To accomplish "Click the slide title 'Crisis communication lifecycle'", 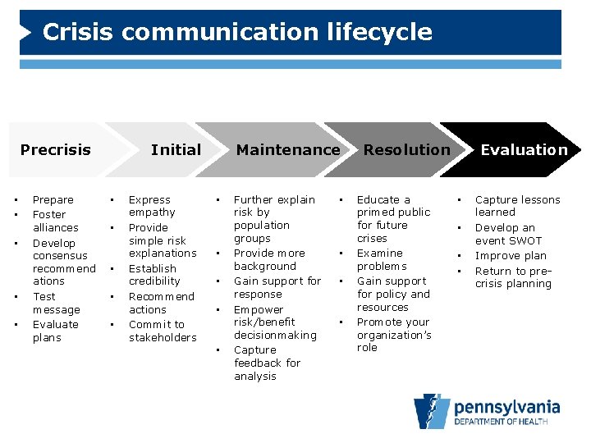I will coord(236,32).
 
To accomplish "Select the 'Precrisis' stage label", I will coord(55,149).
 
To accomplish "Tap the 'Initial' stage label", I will coord(176,149).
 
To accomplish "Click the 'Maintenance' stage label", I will coord(288,149).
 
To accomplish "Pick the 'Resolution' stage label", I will coord(406,149).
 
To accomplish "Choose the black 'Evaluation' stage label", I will coord(524,149).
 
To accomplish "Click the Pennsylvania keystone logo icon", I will coord(432,411).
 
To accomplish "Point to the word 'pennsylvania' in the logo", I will coord(506,406).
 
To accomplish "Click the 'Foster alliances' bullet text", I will coord(55,221).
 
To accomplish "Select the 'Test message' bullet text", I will coord(56,303).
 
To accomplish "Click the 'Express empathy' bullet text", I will coord(152,206).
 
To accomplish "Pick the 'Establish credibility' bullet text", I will coord(153,274).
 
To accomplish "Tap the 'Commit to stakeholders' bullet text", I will coord(162,331).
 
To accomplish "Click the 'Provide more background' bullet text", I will coord(268,259).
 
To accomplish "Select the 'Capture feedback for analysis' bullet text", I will coord(267,363).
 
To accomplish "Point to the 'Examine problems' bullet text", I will coord(381,259).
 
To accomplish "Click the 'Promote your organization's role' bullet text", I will coord(392,334).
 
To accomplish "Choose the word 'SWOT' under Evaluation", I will coord(525,240).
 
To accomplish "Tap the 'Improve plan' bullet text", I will coord(511,255).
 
